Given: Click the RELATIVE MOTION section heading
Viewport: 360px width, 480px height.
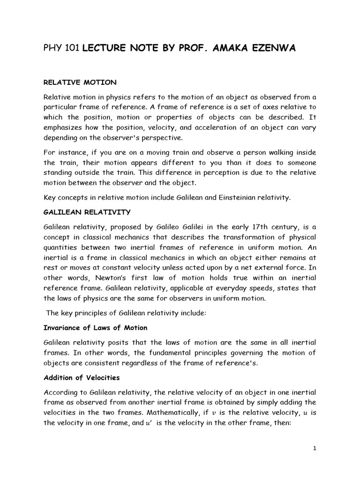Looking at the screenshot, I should (80, 82).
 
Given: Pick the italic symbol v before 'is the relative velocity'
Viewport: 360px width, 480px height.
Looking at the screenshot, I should (215, 413).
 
